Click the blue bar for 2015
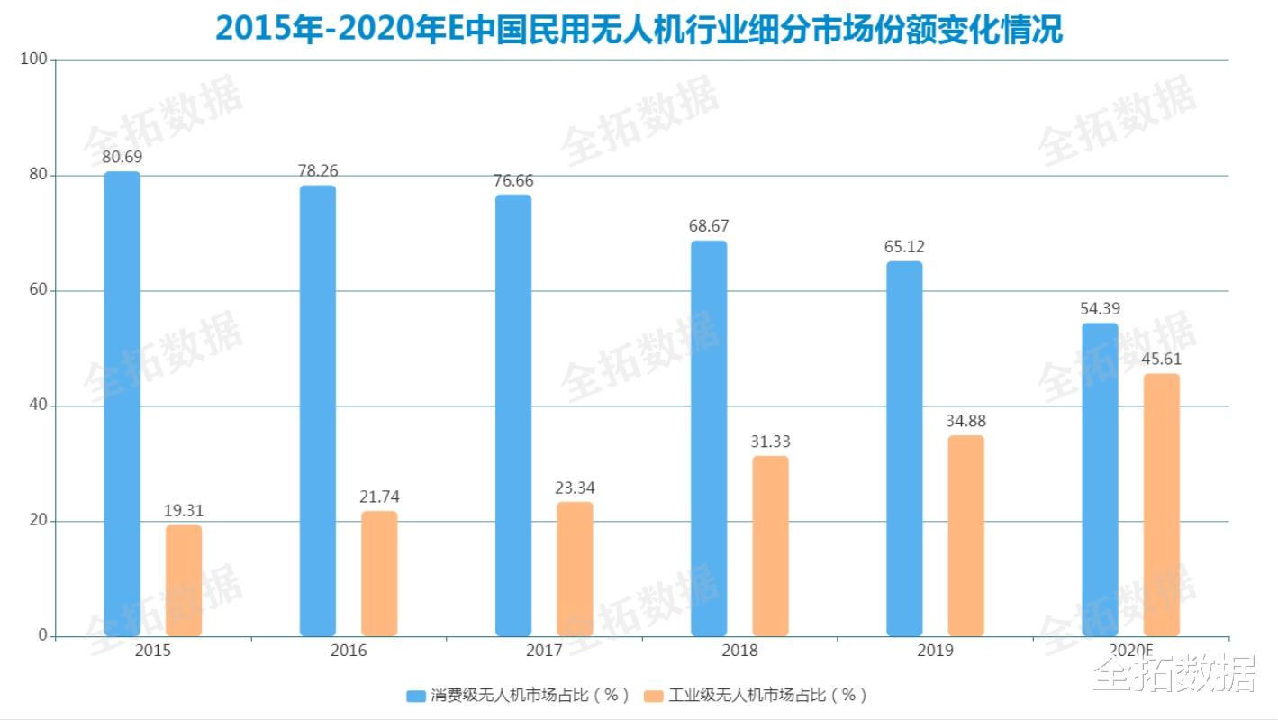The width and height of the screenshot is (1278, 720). (122, 404)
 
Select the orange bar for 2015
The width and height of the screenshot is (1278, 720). (184, 580)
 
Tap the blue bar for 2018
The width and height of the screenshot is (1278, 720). (709, 438)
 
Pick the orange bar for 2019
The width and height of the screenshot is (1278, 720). (965, 535)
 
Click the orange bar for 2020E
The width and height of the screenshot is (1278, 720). (1161, 505)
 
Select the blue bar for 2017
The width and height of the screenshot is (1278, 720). (513, 415)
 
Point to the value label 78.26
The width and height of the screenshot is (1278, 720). (318, 170)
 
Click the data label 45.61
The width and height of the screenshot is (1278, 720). (1161, 359)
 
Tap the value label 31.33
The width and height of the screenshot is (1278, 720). (770, 442)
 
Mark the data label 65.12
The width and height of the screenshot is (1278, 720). (904, 246)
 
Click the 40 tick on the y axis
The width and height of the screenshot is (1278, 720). (38, 406)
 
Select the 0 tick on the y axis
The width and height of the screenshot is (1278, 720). (42, 635)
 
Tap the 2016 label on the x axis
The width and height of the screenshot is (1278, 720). (349, 651)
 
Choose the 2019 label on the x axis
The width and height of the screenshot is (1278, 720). (935, 651)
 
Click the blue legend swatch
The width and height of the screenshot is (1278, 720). (416, 696)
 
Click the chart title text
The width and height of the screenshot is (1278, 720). (639, 29)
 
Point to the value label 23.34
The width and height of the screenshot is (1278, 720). (575, 488)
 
